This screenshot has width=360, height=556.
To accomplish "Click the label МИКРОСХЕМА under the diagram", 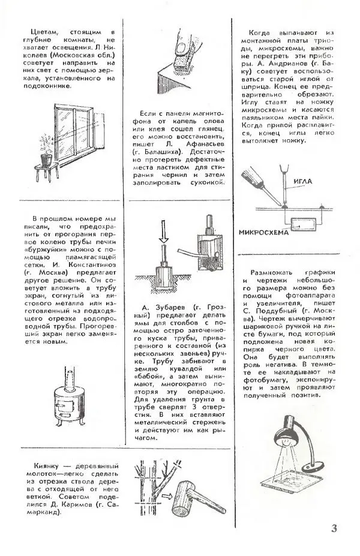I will tap(264, 233).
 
